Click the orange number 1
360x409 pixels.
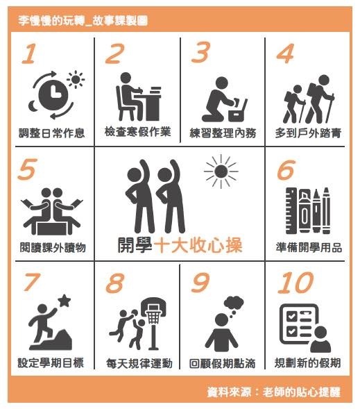(x=29, y=53)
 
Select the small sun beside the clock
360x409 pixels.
(x=76, y=79)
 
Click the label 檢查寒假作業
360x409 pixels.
(x=137, y=132)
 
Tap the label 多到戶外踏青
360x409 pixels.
(x=308, y=133)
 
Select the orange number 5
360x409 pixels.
(x=27, y=169)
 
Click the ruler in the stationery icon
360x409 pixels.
(x=291, y=210)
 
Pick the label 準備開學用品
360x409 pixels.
(x=309, y=247)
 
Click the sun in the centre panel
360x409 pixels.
(x=221, y=172)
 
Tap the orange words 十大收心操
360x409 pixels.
(x=198, y=245)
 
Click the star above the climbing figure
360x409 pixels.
(x=65, y=301)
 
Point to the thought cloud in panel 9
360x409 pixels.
(x=234, y=303)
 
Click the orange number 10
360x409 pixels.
(x=295, y=283)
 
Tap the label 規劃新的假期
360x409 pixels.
(x=308, y=363)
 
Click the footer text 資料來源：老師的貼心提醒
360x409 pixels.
(x=274, y=392)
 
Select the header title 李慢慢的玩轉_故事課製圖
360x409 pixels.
(x=83, y=21)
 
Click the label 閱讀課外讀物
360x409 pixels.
(x=53, y=247)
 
